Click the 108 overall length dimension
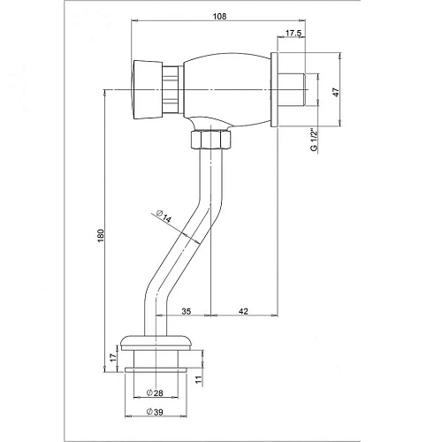(220, 17)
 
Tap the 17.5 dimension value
(293, 34)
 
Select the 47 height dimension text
(336, 93)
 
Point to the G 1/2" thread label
(315, 140)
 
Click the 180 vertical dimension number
(101, 235)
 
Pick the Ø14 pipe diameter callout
(164, 217)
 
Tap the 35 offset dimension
(187, 311)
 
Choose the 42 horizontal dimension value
(243, 311)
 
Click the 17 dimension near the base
(113, 358)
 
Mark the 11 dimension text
(200, 380)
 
